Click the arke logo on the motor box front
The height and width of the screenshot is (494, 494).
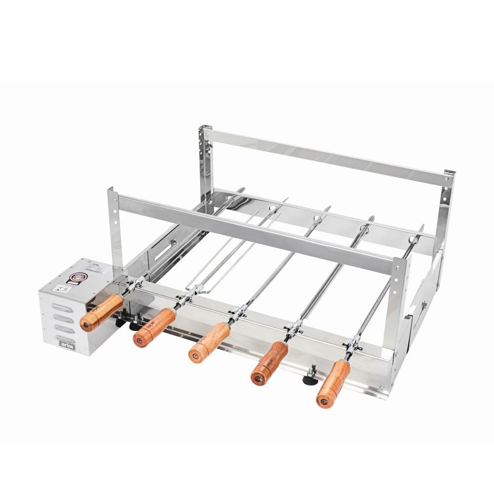click(67, 343)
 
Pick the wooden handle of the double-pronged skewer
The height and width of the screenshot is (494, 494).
click(154, 328)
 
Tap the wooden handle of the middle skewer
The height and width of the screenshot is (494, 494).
click(209, 343)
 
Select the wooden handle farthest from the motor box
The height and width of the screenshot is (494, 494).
click(333, 383)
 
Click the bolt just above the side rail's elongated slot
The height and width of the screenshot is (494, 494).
click(173, 243)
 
